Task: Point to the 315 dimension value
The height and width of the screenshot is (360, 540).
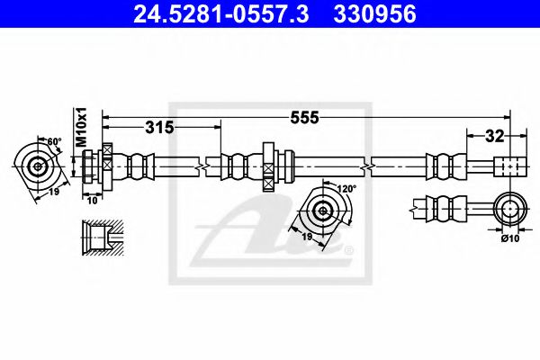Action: [158, 127]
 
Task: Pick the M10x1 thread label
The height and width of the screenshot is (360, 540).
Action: [80, 128]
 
